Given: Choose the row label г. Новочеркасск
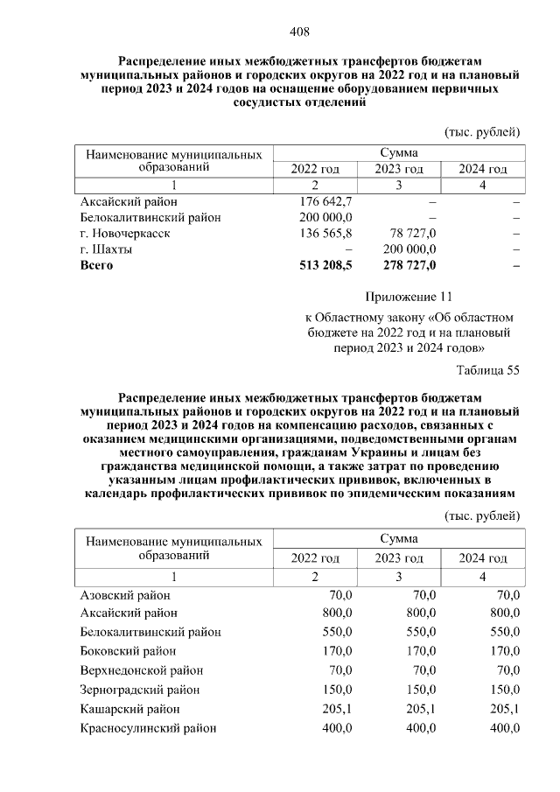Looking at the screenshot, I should point(124,234).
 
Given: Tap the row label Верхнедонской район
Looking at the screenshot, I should point(141,670).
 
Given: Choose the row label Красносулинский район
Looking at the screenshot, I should point(148,728).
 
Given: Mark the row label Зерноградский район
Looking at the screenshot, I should point(140,690).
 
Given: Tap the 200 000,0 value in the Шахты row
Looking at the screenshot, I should point(408,249).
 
